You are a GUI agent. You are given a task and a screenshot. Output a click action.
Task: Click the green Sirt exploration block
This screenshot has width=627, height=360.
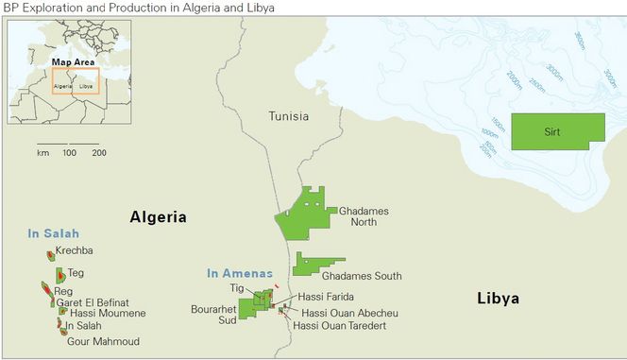(x=557, y=131)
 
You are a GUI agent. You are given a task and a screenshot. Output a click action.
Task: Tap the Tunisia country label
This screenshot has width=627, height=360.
(x=288, y=117)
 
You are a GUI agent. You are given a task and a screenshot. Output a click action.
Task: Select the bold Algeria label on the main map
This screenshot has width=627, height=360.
(x=158, y=216)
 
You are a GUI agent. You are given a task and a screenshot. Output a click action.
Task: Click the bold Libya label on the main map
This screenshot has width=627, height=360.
(x=498, y=298)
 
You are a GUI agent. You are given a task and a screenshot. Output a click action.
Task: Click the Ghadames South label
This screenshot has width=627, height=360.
(x=362, y=276)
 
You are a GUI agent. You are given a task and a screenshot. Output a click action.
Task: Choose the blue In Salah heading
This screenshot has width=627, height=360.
(x=54, y=233)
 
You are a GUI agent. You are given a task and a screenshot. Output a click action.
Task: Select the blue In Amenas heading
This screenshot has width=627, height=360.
(x=240, y=274)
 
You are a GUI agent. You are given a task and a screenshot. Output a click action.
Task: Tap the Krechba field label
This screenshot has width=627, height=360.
(x=74, y=251)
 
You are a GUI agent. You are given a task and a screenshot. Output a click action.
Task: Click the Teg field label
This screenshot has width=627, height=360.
(x=76, y=273)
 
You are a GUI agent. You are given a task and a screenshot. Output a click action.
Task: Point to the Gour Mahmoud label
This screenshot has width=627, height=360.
(x=103, y=341)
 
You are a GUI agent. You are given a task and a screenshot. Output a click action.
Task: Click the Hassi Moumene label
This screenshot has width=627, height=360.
(x=108, y=313)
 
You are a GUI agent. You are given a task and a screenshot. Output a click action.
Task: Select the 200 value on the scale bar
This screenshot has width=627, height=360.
(x=98, y=152)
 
